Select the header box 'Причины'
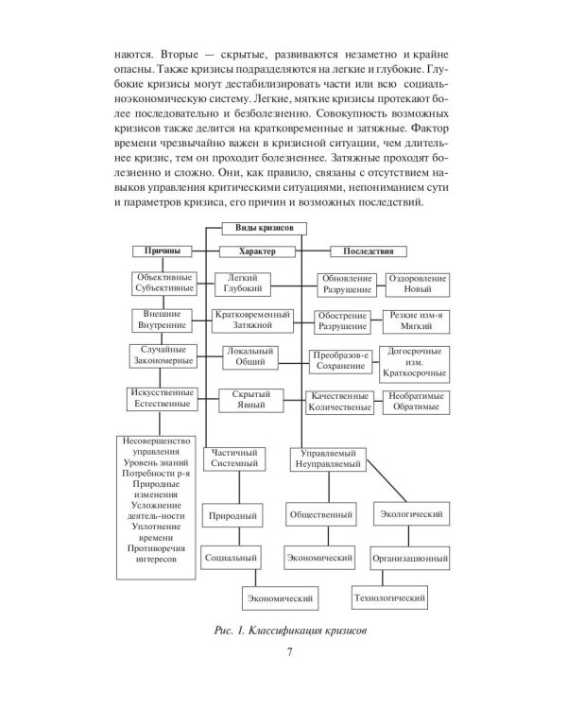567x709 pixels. tap(162, 251)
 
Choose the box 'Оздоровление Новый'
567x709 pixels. tap(416, 284)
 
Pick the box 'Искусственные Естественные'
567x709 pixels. tap(162, 398)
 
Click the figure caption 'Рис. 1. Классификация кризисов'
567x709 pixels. tap(283, 631)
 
